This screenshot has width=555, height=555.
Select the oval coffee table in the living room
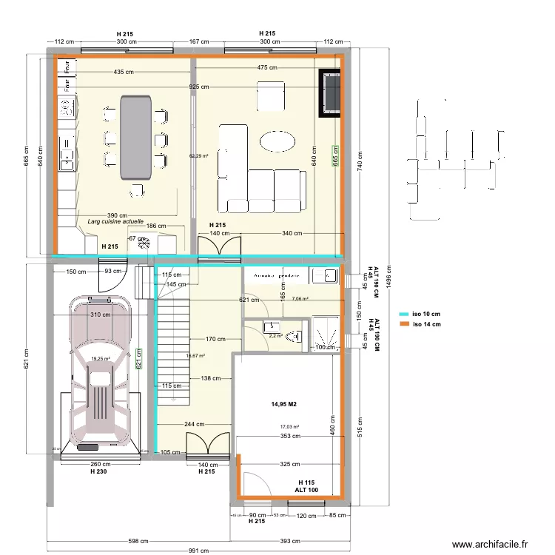(x=277, y=140)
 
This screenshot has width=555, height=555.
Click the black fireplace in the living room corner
(x=330, y=92)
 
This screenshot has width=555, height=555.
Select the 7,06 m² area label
(x=300, y=299)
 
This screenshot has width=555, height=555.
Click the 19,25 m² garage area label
(x=101, y=359)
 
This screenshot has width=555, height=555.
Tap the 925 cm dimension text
(x=198, y=87)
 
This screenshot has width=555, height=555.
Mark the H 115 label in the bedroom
(x=306, y=482)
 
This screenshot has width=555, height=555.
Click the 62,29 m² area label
(x=198, y=156)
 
